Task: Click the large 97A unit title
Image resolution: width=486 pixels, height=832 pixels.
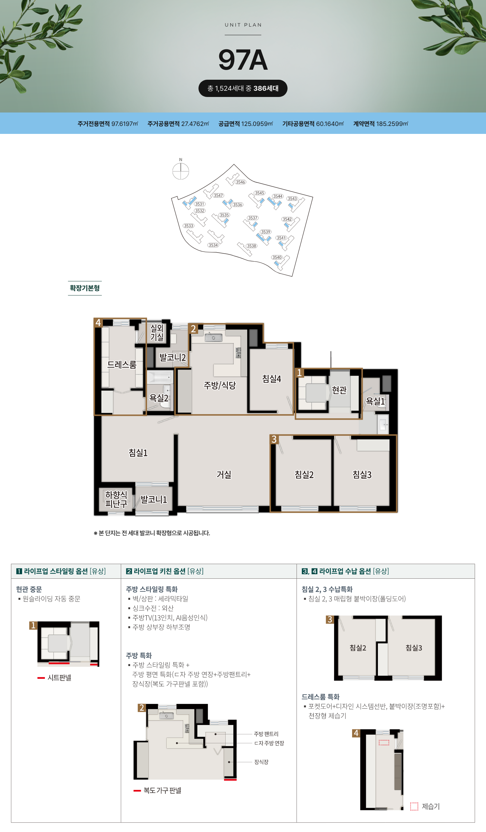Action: [x=243, y=60]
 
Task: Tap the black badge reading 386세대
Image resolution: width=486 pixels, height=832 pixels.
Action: [x=243, y=88]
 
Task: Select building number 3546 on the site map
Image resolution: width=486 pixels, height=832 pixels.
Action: [x=241, y=182]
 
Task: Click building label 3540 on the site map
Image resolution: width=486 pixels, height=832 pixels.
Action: [x=277, y=257]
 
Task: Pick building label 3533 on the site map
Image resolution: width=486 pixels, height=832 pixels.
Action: [x=188, y=226]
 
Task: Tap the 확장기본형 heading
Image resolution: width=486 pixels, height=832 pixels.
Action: [x=85, y=288]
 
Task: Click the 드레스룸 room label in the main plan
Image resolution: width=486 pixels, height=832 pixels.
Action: [x=122, y=365]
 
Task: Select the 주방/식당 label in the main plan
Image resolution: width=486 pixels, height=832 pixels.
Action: [x=220, y=385]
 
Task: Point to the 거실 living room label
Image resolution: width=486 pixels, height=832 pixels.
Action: [x=224, y=474]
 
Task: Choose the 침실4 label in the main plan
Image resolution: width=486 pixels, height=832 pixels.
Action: [x=272, y=379]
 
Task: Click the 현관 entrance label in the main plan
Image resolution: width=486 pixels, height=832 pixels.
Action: [x=339, y=390]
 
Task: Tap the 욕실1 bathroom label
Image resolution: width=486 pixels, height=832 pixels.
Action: [x=375, y=401]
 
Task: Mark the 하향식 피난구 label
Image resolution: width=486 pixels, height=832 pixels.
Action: [x=116, y=499]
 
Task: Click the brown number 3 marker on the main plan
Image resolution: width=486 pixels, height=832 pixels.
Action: [x=274, y=439]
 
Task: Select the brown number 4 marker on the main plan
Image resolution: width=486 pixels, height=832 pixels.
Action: [x=98, y=323]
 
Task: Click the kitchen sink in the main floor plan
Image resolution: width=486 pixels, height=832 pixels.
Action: [x=213, y=337]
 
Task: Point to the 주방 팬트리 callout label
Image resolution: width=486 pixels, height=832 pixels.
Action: [x=266, y=734]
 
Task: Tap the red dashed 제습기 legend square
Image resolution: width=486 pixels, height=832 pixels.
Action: [x=414, y=806]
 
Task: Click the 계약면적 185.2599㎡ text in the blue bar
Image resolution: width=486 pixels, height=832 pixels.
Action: [x=381, y=124]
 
